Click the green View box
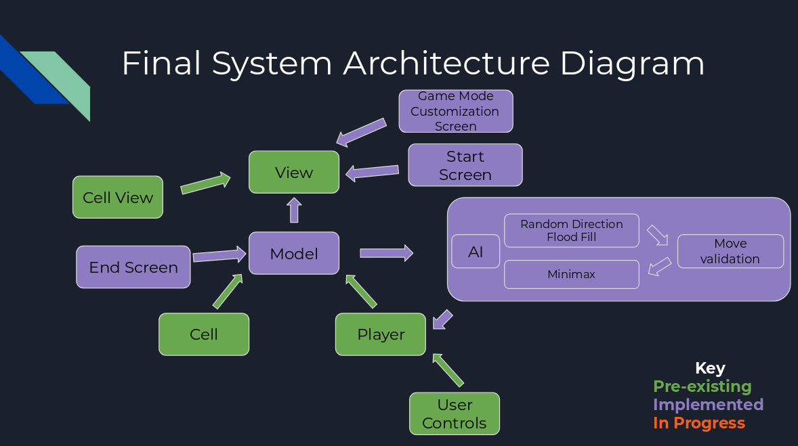pos(294,172)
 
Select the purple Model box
pos(294,253)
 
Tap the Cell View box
pos(118,197)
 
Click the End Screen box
pos(133,267)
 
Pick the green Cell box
pos(204,334)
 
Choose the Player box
pos(381,334)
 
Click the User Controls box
pos(455,414)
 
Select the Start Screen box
pos(465,165)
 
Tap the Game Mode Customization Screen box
pos(456,111)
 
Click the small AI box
pos(476,252)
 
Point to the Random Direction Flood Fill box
pos(572,231)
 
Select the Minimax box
pos(572,274)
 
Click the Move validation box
pos(730,251)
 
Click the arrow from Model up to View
pos(294,210)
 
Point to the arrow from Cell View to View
pos(206,183)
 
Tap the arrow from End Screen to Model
pos(219,255)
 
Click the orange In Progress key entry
pos(699,423)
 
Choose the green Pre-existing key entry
pos(702,386)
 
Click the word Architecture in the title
pos(446,64)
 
